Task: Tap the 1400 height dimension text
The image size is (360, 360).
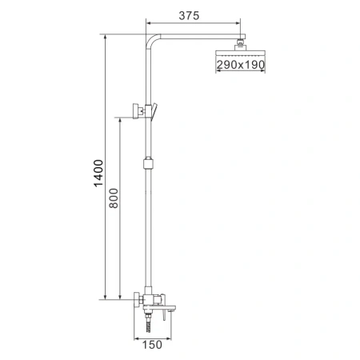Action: (98, 173)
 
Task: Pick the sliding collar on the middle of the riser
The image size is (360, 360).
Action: (146, 166)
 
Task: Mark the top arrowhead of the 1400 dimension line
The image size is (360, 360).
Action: (106, 36)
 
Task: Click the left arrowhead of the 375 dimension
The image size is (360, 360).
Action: (149, 25)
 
